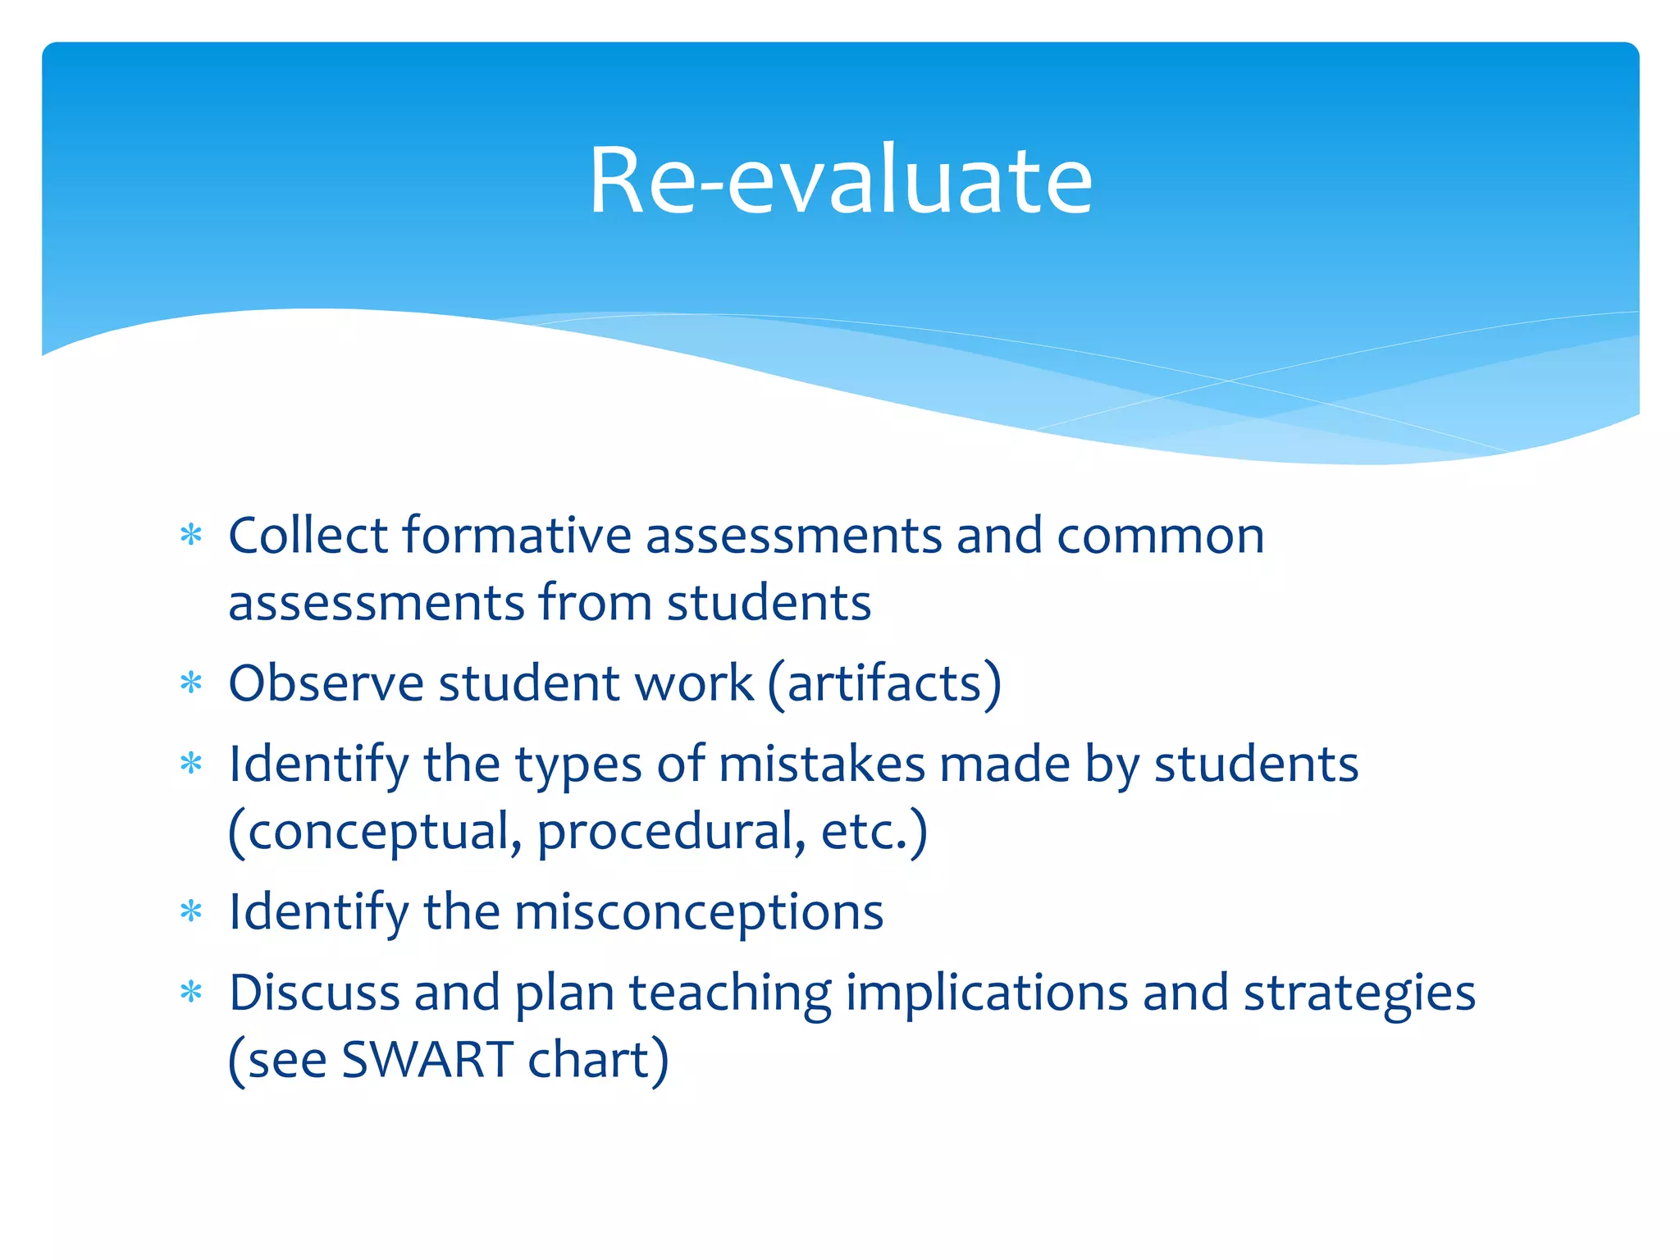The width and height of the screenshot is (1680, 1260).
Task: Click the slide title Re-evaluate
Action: click(841, 180)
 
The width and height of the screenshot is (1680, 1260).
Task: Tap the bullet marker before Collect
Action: click(191, 536)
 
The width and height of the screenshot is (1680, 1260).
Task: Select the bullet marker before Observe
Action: click(191, 682)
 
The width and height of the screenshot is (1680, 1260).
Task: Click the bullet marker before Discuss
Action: click(191, 993)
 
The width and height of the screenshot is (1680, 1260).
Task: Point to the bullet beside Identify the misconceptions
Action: click(191, 911)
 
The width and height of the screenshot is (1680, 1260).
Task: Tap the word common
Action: click(1160, 537)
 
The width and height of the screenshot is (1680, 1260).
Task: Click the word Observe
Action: click(326, 682)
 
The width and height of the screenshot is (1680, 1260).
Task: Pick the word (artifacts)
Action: click(884, 684)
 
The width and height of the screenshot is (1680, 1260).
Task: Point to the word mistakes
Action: click(821, 765)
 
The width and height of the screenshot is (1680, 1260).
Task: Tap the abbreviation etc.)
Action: click(874, 832)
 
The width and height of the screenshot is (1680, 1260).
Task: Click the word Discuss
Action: click(314, 993)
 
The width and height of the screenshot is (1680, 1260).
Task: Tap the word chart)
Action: click(598, 1060)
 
